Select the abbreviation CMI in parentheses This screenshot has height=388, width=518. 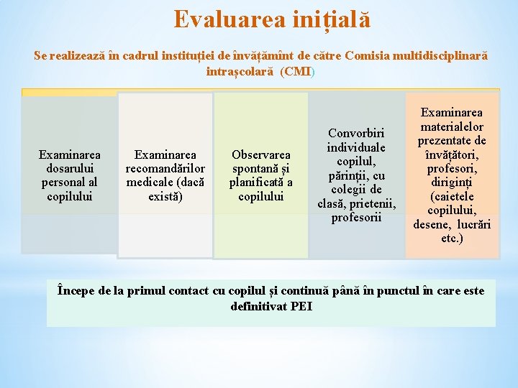[296, 72]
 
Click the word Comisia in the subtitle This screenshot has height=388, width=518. [368, 56]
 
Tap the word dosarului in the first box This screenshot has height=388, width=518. [70, 168]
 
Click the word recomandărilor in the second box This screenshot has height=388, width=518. [165, 168]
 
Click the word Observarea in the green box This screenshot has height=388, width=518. [261, 154]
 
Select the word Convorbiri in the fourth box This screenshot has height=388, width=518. [356, 133]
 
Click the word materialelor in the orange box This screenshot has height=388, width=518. [452, 126]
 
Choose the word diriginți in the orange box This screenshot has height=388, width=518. [451, 183]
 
